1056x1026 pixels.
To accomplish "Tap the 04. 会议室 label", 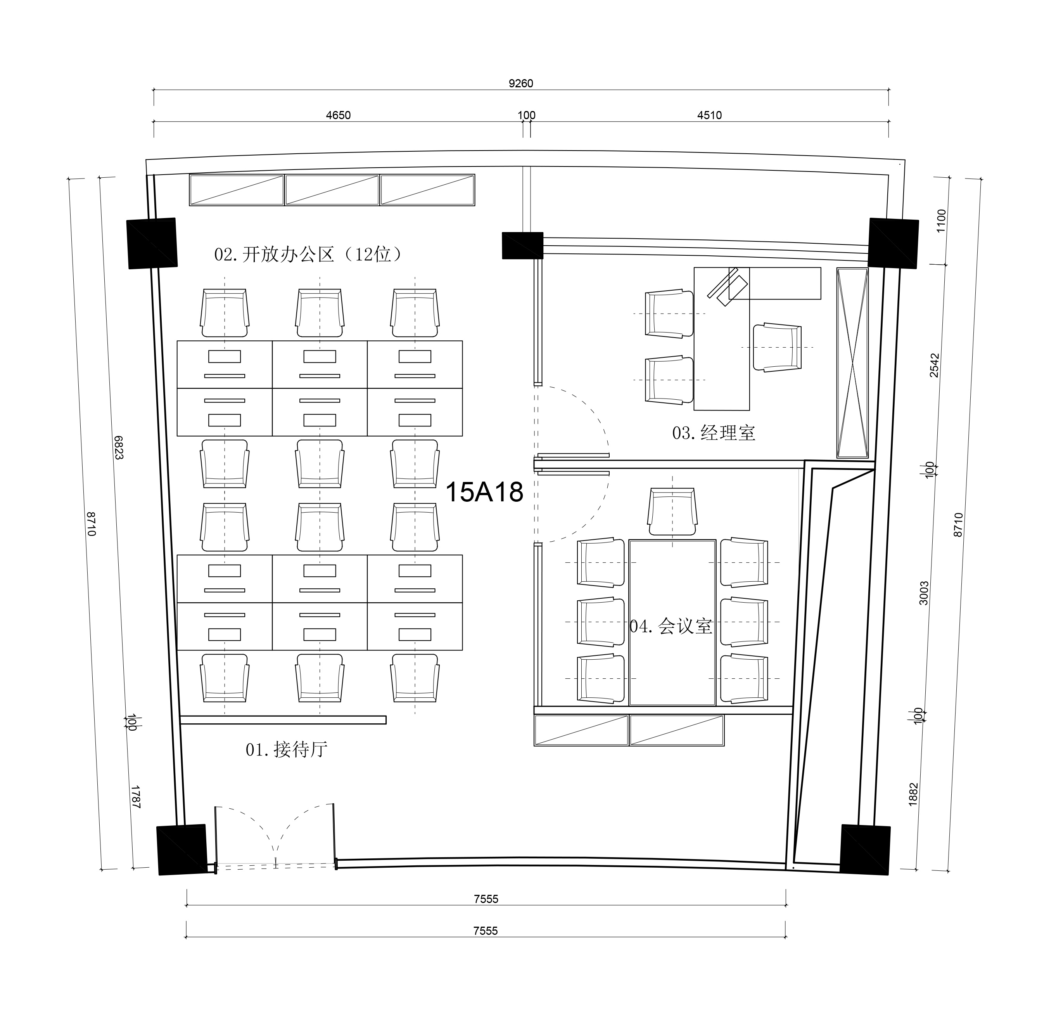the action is click(x=671, y=626).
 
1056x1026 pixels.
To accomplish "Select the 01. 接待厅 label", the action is click(x=287, y=749).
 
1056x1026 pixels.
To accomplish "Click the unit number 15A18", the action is click(x=484, y=492).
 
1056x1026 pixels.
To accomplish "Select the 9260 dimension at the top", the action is click(x=521, y=83).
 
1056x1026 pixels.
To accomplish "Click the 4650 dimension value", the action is click(x=338, y=115).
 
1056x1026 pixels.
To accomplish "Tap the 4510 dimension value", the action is click(x=710, y=115).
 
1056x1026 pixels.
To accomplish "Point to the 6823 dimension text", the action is click(x=119, y=447).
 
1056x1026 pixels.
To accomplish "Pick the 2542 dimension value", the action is click(x=934, y=365).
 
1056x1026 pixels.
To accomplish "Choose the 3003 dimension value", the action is click(x=924, y=593).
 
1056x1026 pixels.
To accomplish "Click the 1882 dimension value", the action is click(x=913, y=795).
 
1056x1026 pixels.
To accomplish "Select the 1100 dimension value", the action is click(x=941, y=220).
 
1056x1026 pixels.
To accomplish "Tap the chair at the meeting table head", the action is click(x=672, y=512).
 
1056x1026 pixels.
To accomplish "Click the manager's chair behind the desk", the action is click(x=777, y=347).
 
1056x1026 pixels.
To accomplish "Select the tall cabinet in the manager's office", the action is click(x=852, y=363).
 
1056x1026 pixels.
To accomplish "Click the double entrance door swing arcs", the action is click(x=275, y=836).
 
